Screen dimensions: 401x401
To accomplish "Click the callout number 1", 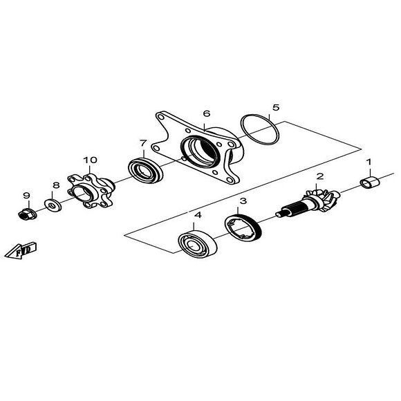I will [369, 162].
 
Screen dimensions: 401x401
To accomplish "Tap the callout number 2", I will [319, 176].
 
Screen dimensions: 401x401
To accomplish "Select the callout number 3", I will [243, 201].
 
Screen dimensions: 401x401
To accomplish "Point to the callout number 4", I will [198, 216].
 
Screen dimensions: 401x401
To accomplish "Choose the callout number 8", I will [57, 185].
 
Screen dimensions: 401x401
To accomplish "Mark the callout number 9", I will [26, 195].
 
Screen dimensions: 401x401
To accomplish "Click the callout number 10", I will [91, 160].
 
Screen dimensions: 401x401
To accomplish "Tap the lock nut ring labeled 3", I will [243, 228].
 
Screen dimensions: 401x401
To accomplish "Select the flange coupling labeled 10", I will [90, 190].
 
